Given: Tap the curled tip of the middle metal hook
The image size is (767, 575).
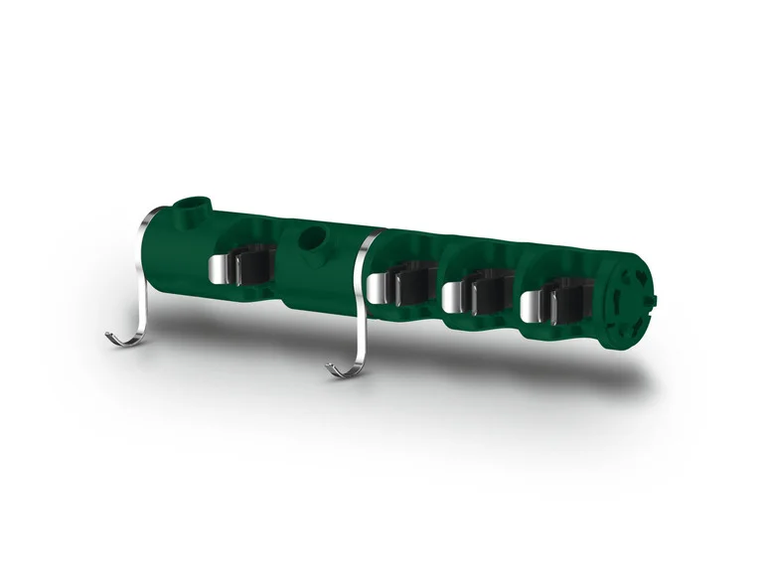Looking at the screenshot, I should [x=335, y=370].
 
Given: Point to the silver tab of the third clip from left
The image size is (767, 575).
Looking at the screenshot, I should [x=455, y=296].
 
